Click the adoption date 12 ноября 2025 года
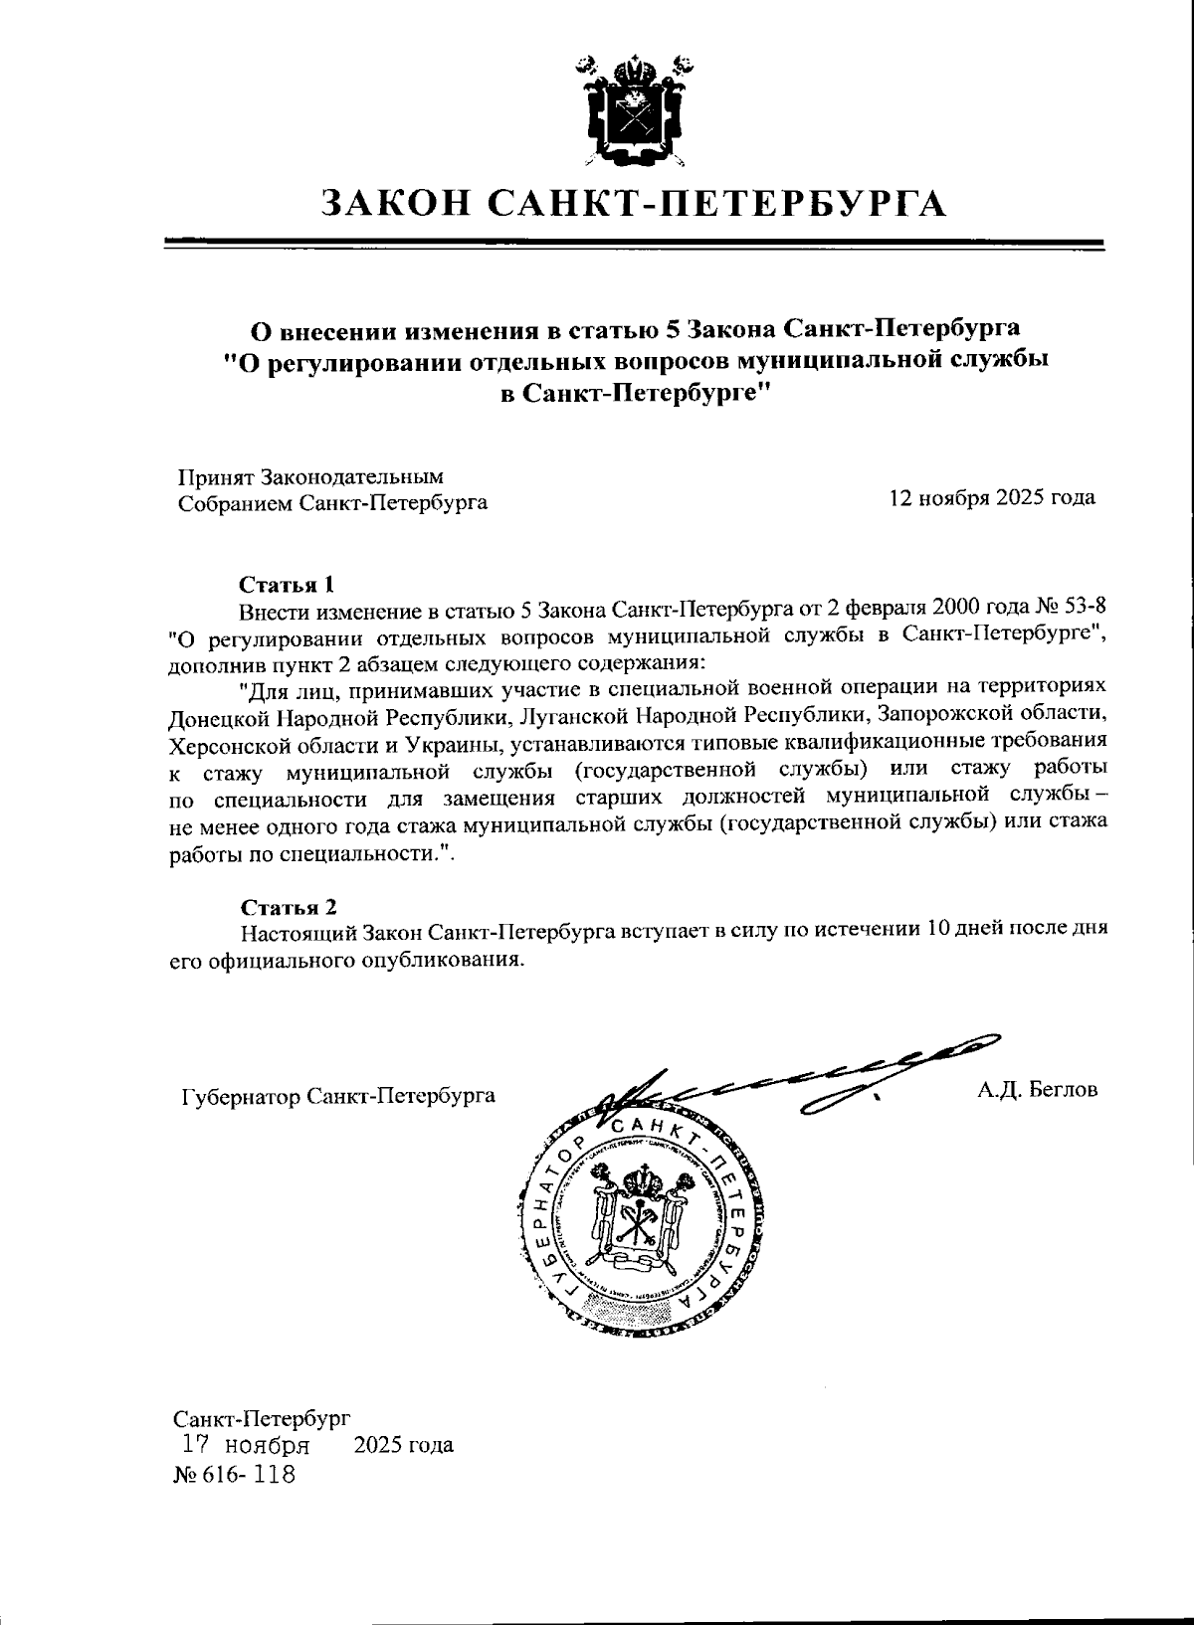tap(992, 497)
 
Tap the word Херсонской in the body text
tap(223, 743)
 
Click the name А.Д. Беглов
tap(1037, 1089)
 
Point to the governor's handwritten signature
tap(796, 1079)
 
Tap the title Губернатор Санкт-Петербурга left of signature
tap(338, 1096)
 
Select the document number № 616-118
tap(236, 1473)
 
